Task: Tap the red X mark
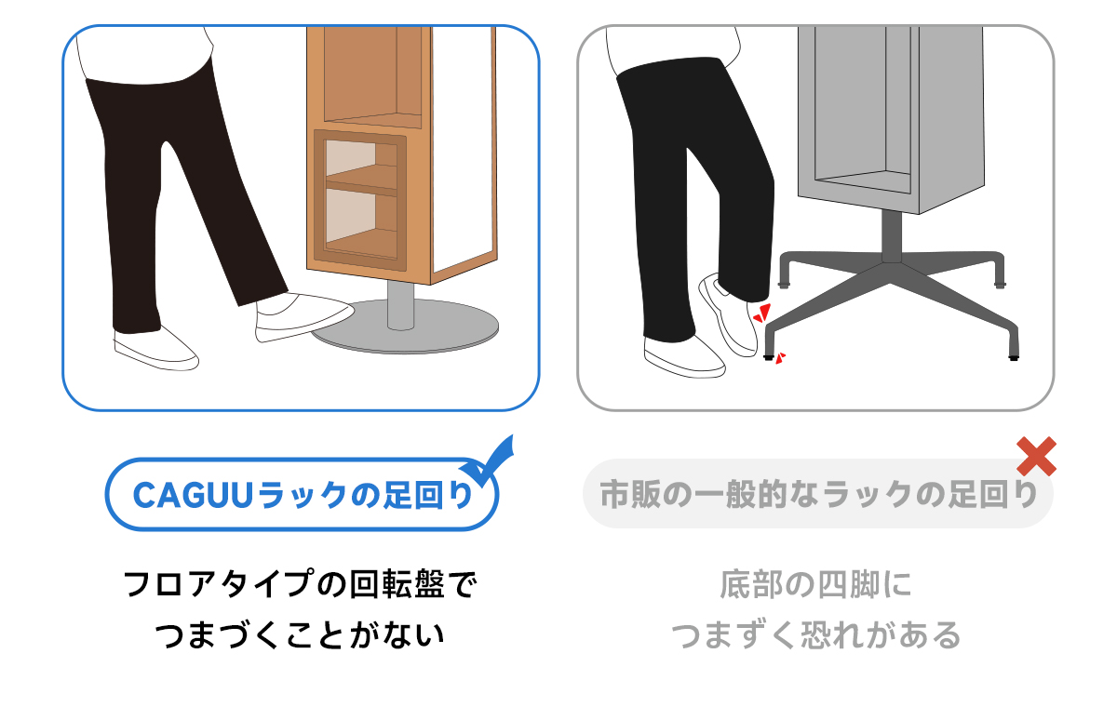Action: click(1037, 457)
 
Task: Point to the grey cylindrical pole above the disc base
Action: click(400, 305)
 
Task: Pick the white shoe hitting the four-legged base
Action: click(728, 314)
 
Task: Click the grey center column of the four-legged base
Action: click(892, 235)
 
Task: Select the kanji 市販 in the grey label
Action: click(631, 495)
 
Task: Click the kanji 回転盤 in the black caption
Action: click(397, 584)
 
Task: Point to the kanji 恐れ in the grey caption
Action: click(832, 635)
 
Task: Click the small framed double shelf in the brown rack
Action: click(360, 200)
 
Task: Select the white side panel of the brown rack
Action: click(464, 150)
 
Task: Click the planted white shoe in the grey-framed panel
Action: click(684, 357)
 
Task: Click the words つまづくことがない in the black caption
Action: click(299, 635)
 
